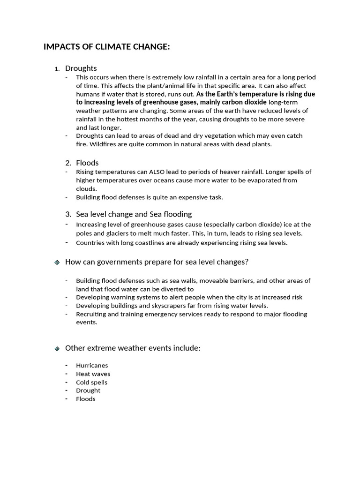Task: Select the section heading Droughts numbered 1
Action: click(81, 68)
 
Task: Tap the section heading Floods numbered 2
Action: click(87, 163)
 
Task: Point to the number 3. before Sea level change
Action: click(68, 214)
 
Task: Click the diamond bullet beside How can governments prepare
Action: click(57, 262)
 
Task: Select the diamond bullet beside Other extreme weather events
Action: click(57, 349)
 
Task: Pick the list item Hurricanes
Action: click(92, 365)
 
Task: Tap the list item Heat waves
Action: click(93, 374)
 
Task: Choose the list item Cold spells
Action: click(91, 382)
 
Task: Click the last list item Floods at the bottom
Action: click(85, 399)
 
